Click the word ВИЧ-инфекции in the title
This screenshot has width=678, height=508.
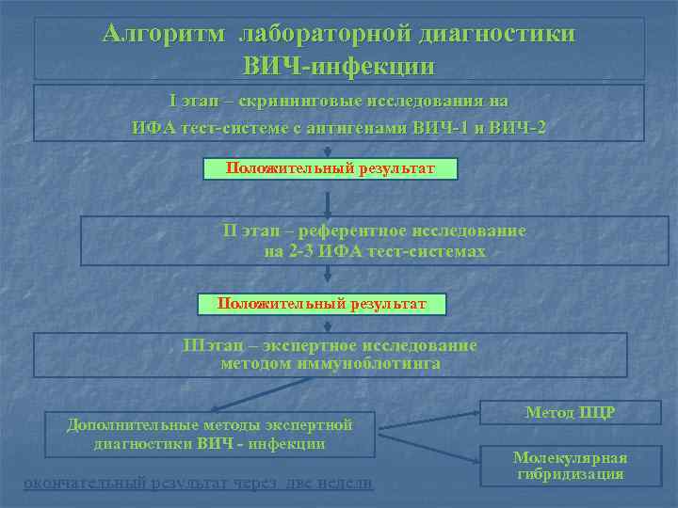pos(339,67)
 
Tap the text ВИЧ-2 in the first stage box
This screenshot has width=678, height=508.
pos(516,128)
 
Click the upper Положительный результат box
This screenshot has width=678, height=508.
pos(331,168)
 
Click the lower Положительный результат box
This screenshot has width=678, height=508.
pos(321,304)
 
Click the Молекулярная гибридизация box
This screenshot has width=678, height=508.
pos(570,466)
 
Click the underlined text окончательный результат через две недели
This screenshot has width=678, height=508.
pos(198,484)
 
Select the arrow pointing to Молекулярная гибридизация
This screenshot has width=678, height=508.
pos(431,449)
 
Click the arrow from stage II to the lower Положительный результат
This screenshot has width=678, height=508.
pos(327,276)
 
